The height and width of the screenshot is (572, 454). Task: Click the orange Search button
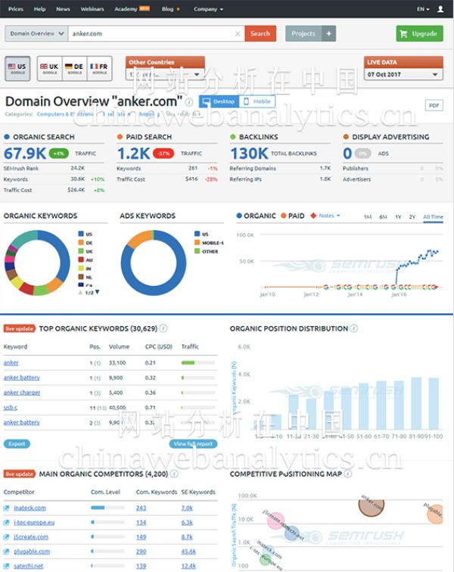click(260, 33)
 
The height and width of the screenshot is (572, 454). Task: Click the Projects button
click(303, 33)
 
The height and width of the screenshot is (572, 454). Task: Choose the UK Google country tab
click(50, 68)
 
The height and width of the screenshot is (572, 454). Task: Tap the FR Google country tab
click(99, 68)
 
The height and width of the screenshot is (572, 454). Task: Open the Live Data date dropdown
click(403, 75)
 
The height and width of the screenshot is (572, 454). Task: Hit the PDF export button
click(434, 105)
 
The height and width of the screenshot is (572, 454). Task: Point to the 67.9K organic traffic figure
click(25, 153)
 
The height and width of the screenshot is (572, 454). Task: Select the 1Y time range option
click(398, 217)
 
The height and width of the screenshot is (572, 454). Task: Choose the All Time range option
click(433, 217)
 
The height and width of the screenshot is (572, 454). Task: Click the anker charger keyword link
click(22, 393)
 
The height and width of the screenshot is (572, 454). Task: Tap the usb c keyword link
click(11, 407)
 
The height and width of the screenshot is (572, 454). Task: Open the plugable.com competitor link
click(32, 552)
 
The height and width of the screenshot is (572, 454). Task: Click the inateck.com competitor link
click(30, 508)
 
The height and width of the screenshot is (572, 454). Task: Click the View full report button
click(193, 444)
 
